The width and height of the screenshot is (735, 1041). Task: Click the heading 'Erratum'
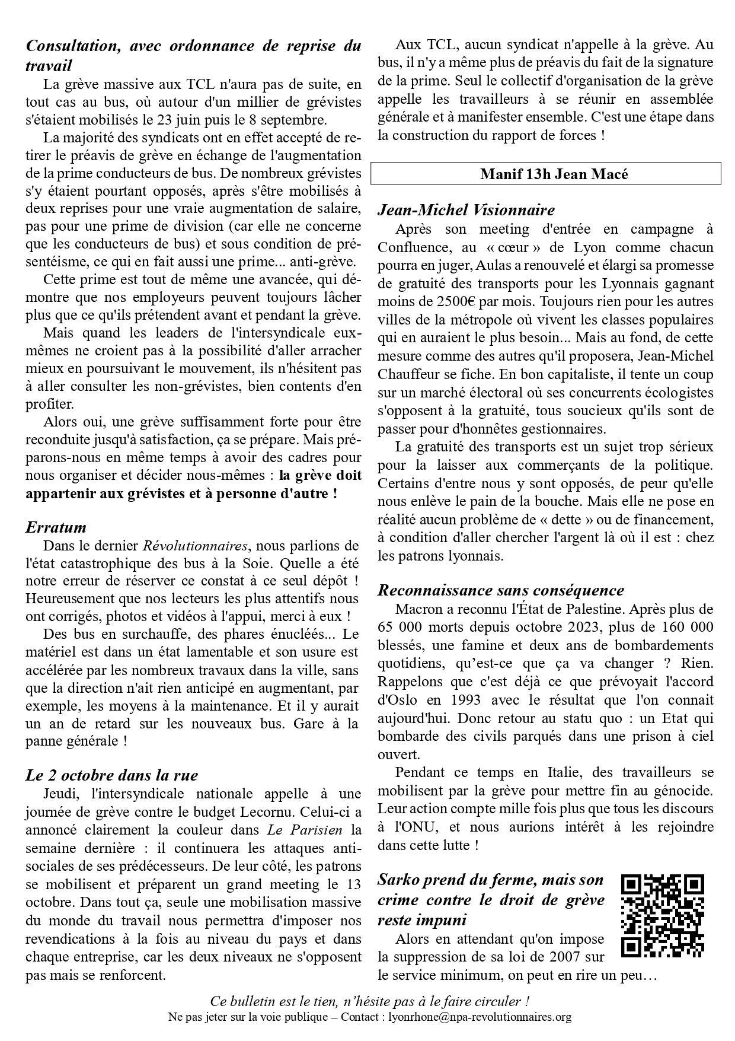[x=56, y=527]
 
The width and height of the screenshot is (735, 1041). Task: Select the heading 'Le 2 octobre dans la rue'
[x=111, y=775]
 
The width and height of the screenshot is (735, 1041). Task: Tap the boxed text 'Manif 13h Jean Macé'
[x=545, y=174]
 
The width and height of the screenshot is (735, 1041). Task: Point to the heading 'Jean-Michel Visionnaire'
[x=466, y=210]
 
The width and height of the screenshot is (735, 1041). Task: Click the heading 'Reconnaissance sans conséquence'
[x=500, y=590]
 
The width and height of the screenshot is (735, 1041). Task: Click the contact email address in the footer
[x=480, y=1017]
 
